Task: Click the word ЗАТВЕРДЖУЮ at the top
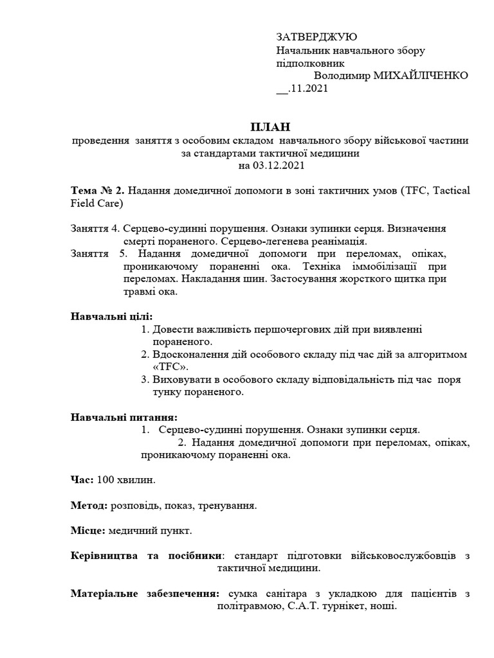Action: (316, 37)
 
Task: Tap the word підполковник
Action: (310, 63)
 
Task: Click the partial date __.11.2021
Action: (302, 89)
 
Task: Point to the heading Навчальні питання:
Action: (123, 417)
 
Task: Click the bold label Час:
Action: (82, 480)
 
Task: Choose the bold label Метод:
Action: (89, 506)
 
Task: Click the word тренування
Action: (229, 506)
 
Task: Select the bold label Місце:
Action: (87, 531)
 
